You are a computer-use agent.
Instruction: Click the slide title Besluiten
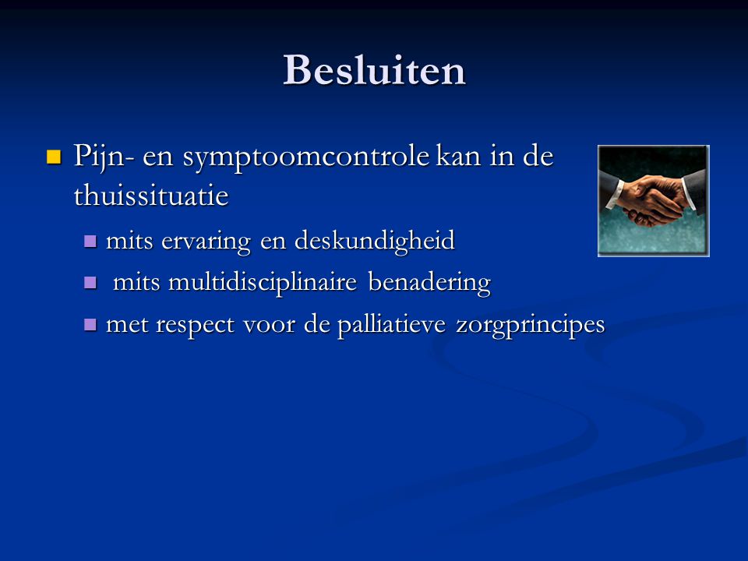click(x=374, y=70)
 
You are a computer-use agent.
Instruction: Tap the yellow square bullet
click(x=54, y=157)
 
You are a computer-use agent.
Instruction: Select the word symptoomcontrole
click(x=305, y=157)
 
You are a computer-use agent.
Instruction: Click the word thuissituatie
click(x=151, y=195)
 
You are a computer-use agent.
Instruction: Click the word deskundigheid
click(x=375, y=240)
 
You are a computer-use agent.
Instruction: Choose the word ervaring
click(x=206, y=241)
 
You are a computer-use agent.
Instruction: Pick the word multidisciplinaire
click(x=263, y=282)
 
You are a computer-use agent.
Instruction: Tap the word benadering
click(x=429, y=282)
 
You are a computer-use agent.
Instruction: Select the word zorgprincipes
click(x=530, y=325)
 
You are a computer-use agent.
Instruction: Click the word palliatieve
click(x=392, y=324)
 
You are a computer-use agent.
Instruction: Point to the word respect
click(x=195, y=325)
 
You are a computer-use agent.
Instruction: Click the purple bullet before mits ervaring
click(x=90, y=241)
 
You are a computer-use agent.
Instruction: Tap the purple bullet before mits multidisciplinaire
click(x=90, y=283)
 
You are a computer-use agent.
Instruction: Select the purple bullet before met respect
click(x=90, y=325)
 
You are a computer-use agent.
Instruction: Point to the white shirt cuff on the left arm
click(x=616, y=194)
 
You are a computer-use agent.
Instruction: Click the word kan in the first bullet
click(x=458, y=157)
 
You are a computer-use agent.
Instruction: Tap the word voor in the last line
click(x=269, y=326)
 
